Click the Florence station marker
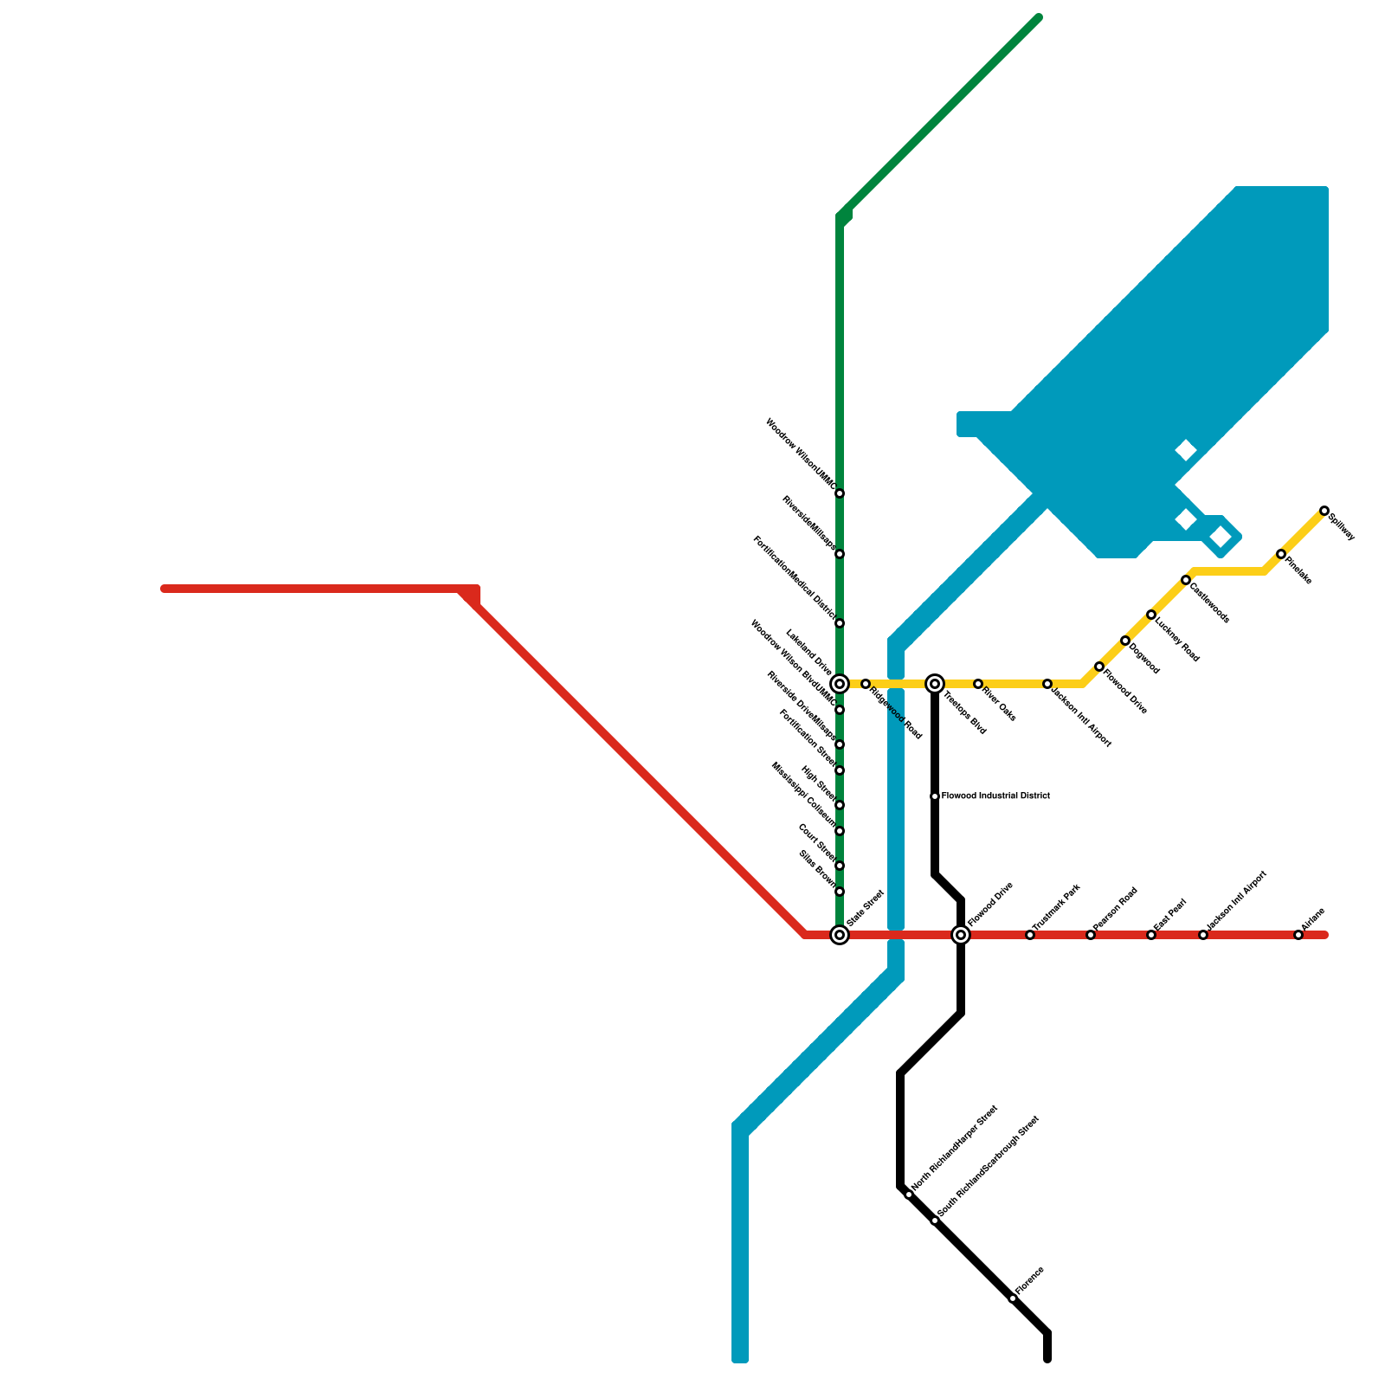click(x=1013, y=1298)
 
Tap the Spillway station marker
click(x=1324, y=511)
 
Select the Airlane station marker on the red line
click(x=1298, y=935)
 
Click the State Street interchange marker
click(x=840, y=935)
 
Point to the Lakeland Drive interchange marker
click(x=840, y=684)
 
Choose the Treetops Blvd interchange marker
click(x=935, y=684)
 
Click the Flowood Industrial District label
click(x=995, y=796)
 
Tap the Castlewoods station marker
click(x=1186, y=580)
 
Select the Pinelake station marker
click(x=1281, y=554)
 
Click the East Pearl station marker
click(x=1151, y=935)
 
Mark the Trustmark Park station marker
click(x=1030, y=935)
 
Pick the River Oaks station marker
click(x=978, y=684)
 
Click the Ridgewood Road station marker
click(x=866, y=684)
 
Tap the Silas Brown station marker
click(x=840, y=892)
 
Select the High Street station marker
click(x=840, y=805)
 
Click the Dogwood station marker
click(x=1125, y=641)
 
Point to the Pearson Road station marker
click(x=1091, y=935)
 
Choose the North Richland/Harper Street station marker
click(x=909, y=1195)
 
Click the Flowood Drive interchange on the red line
click(x=961, y=935)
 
